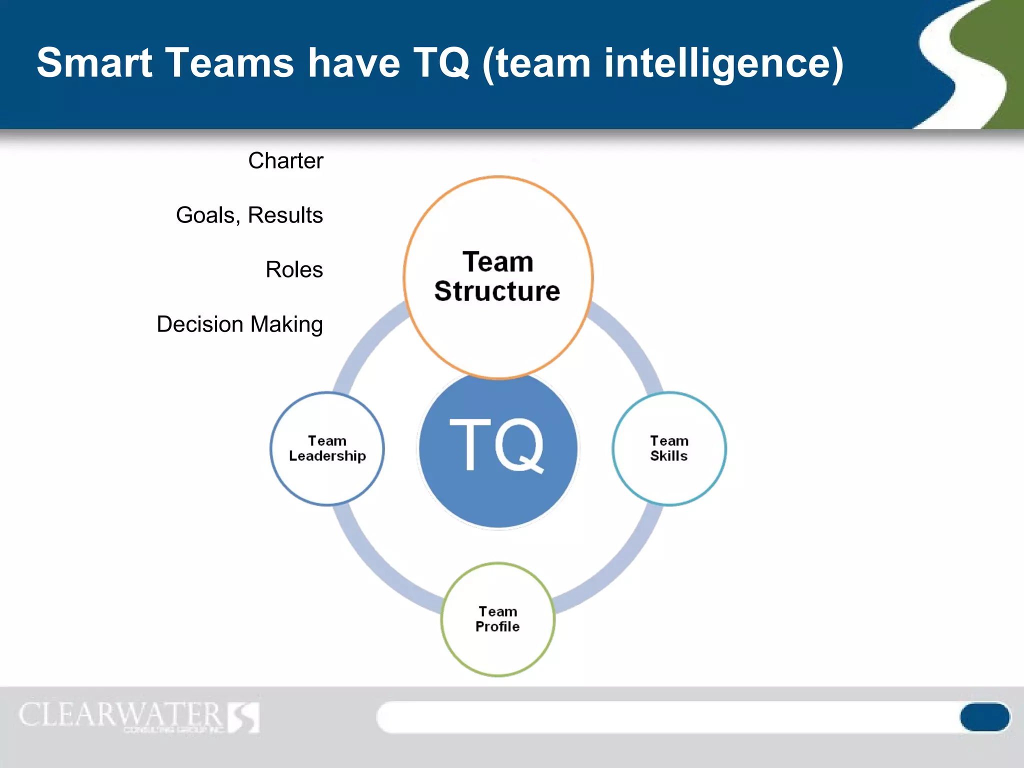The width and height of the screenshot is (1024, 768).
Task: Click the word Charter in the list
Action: pos(285,161)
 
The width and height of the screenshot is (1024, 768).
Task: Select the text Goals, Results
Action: pos(249,215)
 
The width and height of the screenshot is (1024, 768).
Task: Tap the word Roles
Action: pos(294,270)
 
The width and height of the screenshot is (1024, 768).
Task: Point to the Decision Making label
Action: pos(239,324)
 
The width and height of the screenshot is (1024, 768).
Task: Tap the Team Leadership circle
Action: pos(327,480)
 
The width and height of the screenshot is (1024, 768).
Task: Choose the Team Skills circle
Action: pos(669,480)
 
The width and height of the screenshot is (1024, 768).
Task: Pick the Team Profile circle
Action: pos(497,650)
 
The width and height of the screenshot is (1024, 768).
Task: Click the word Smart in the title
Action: pos(94,63)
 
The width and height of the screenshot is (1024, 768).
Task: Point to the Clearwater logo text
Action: pos(120,715)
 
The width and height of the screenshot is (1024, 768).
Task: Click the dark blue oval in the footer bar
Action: pos(984,717)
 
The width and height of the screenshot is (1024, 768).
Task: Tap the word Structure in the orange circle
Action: pos(497,291)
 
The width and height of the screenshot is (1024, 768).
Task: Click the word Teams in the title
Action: pos(230,63)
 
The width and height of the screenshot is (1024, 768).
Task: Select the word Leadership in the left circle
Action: pos(327,456)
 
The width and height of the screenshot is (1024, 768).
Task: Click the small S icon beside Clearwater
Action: pos(243,717)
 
